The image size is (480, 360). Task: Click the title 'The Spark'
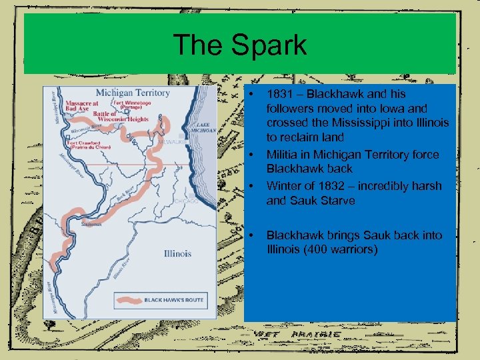[240, 45]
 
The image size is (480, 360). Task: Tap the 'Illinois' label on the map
[177, 253]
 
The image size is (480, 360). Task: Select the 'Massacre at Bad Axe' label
[82, 107]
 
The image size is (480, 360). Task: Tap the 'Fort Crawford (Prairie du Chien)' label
[85, 145]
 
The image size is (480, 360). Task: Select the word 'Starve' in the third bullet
[337, 201]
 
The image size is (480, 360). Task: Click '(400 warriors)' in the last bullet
[340, 250]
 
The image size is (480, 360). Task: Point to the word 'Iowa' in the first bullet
[400, 108]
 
